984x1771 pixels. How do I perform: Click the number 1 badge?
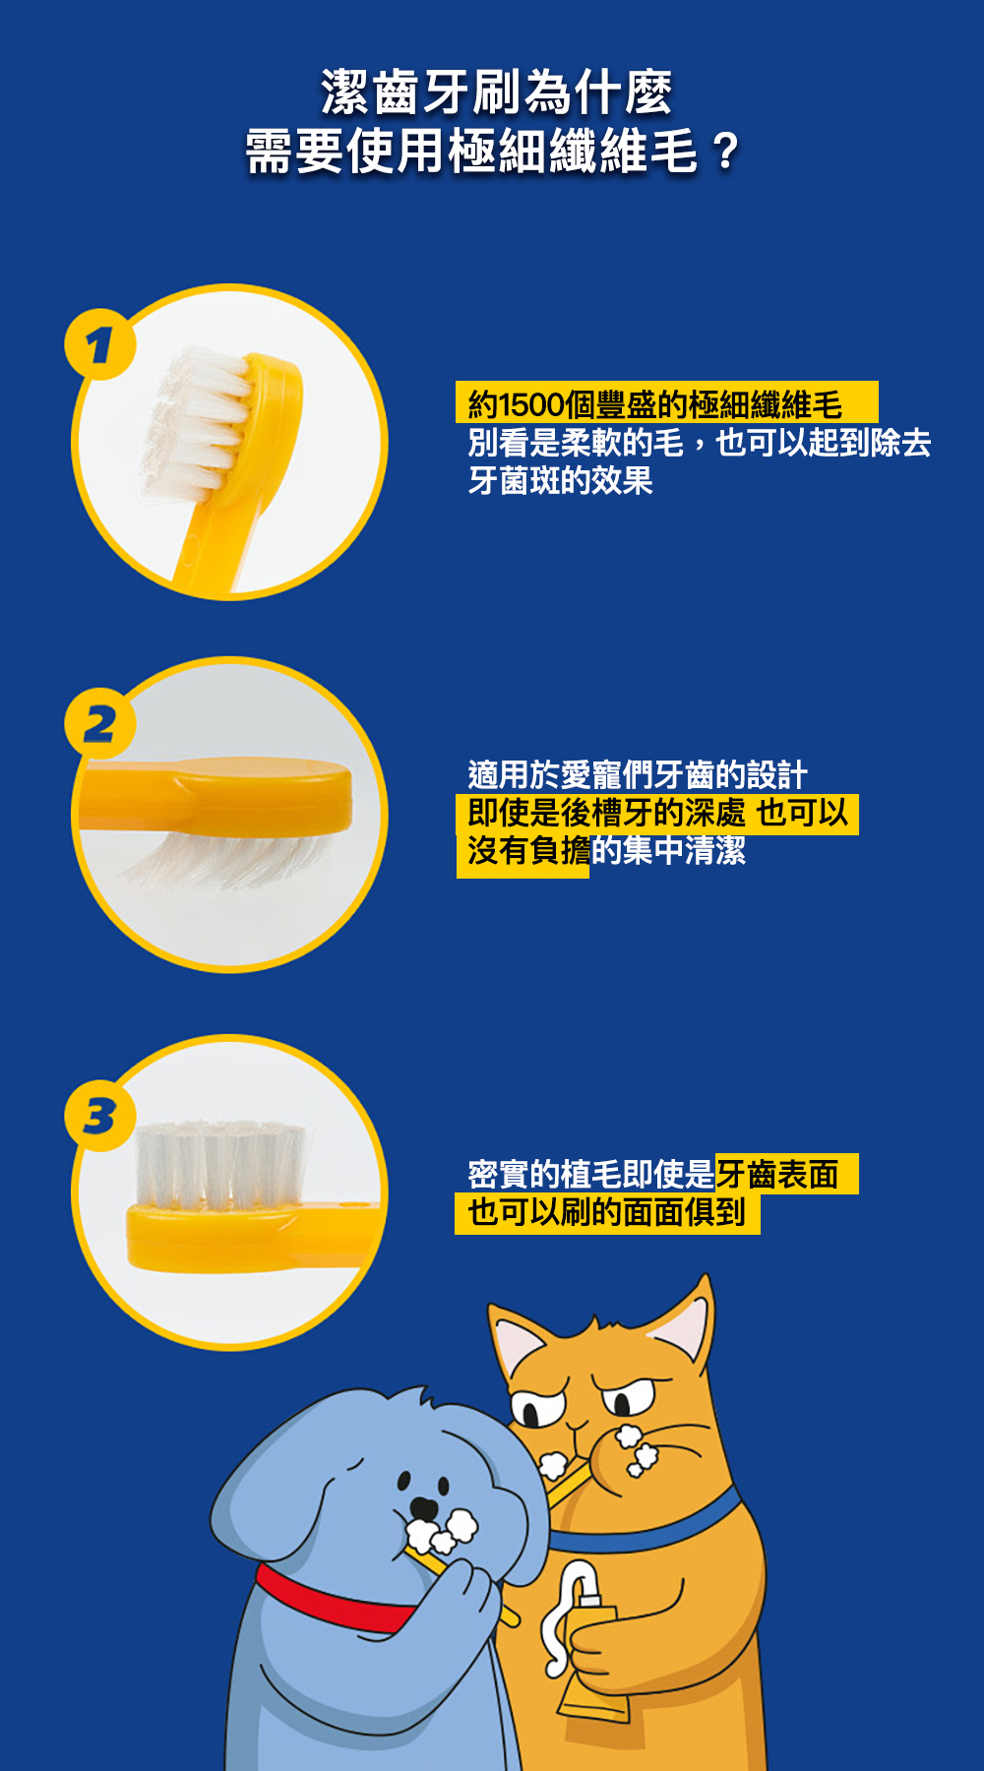point(99,344)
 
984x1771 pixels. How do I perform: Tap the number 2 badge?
point(99,724)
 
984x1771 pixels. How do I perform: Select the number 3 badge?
point(99,1116)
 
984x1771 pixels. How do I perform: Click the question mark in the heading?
point(725,153)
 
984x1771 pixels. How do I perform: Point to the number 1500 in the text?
point(531,404)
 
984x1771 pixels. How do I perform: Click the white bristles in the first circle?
point(192,418)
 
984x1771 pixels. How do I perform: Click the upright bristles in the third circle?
point(220,1165)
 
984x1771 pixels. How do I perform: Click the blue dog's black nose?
point(423,1507)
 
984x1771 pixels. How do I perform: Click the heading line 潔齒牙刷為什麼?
point(497,92)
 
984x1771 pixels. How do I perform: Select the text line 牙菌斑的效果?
point(560,481)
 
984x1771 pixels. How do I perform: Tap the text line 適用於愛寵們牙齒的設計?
point(638,775)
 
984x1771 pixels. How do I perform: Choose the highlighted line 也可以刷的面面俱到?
point(606,1212)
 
